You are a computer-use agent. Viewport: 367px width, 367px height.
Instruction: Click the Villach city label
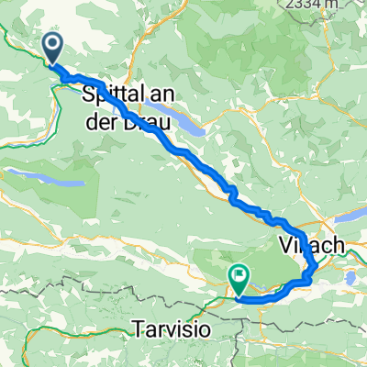click(x=311, y=246)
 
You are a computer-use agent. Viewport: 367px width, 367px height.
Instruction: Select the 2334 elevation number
click(x=330, y=6)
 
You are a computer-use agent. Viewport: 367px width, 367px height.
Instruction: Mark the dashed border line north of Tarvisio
click(x=138, y=299)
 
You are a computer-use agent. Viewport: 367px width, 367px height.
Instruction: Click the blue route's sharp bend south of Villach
click(x=310, y=275)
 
